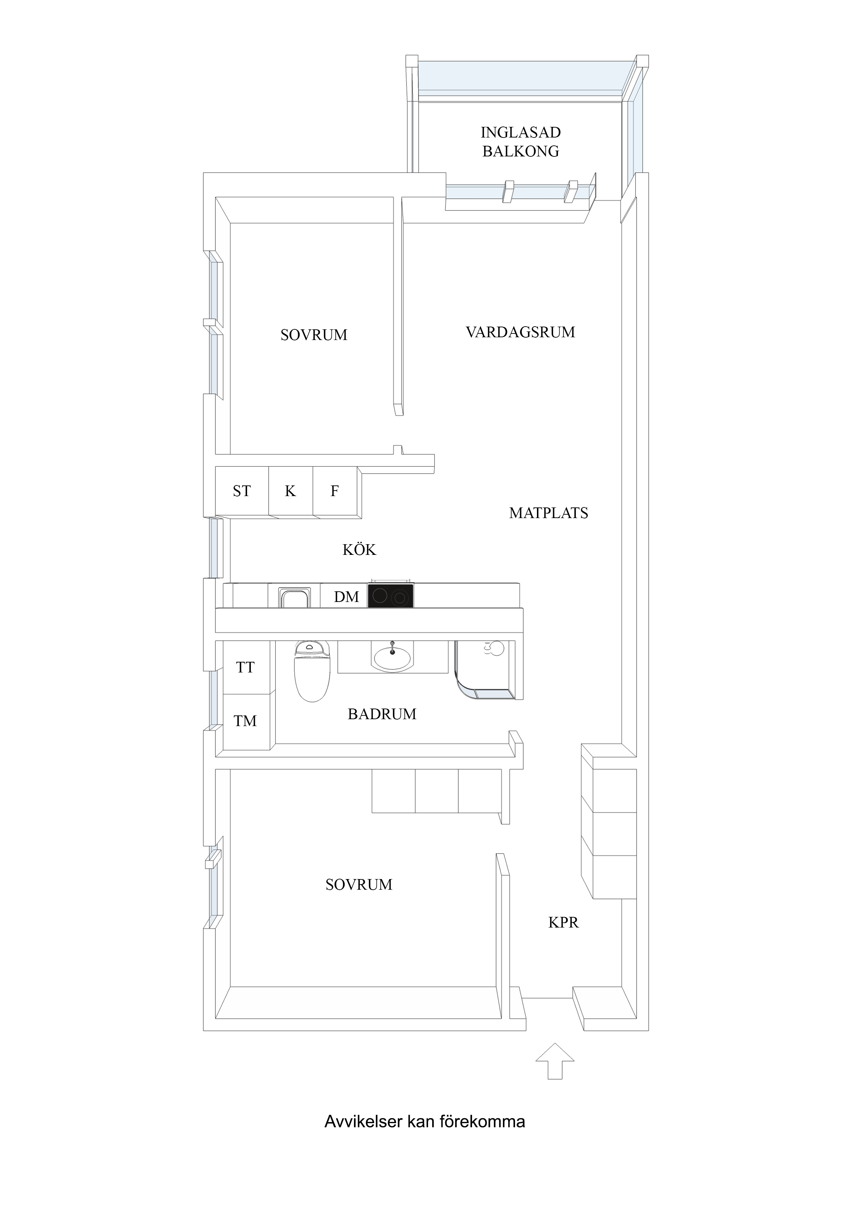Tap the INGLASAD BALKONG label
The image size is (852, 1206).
[521, 142]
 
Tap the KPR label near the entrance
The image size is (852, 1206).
[563, 922]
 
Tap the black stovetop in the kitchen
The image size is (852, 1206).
[391, 596]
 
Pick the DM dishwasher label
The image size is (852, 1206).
[347, 597]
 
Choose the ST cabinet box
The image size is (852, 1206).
[242, 491]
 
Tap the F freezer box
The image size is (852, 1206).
[335, 491]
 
